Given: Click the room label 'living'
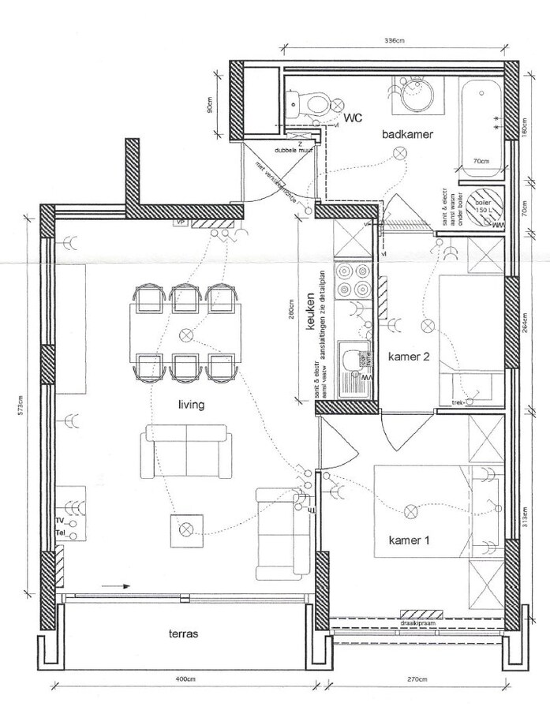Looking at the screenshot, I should coord(191,405).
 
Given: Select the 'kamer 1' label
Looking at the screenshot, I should coord(409,540).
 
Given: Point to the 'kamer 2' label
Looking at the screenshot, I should coord(409,357).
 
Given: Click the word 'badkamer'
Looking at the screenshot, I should coord(408,135).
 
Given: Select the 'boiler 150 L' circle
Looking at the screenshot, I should coord(481,207).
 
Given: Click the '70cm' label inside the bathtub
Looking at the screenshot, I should coord(480,161).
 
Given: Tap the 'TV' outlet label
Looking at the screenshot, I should coord(60,521).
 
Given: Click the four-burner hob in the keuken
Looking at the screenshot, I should coord(353,279).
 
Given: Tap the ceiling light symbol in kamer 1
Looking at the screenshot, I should coord(410,513).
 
